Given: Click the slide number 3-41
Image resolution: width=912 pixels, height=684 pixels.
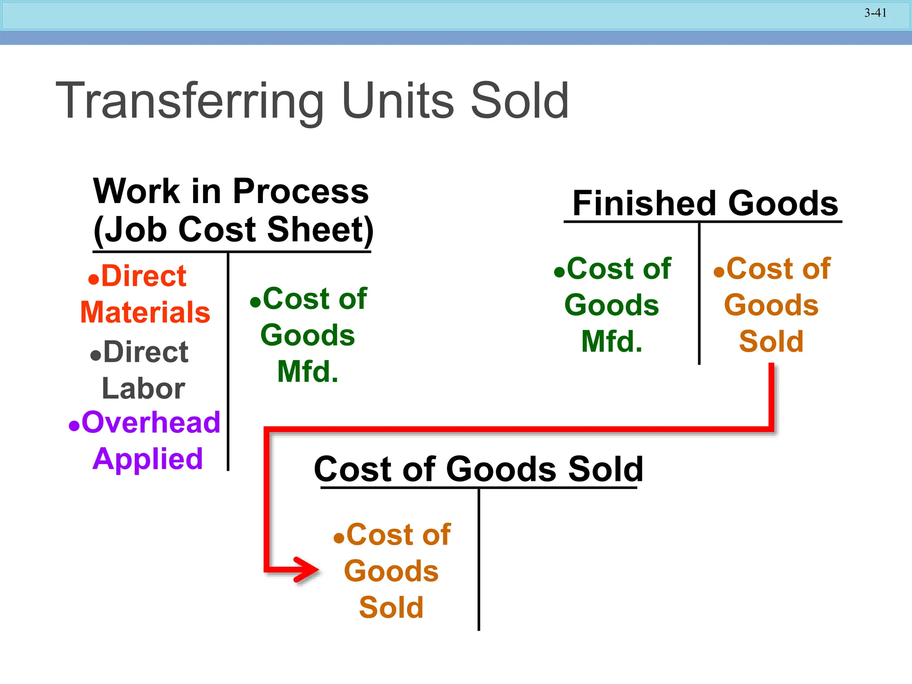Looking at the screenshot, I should (x=875, y=13).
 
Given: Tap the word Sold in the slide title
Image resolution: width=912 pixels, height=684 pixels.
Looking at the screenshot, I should (x=519, y=102).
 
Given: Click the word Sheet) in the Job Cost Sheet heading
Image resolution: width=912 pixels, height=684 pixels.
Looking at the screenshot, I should (x=320, y=230).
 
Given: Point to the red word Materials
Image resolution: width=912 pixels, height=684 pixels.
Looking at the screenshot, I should (x=145, y=312).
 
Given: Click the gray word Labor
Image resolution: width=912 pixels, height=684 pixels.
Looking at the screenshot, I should (x=143, y=389).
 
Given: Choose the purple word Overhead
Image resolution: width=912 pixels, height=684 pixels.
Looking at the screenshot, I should (x=151, y=422).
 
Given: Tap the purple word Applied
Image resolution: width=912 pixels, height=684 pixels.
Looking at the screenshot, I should (x=148, y=459).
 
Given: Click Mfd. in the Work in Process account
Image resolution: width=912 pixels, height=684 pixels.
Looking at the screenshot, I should (x=308, y=372).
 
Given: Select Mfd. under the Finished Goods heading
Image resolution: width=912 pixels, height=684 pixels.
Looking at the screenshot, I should (x=612, y=342).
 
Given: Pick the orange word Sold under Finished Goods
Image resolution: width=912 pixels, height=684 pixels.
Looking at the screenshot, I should (x=771, y=342).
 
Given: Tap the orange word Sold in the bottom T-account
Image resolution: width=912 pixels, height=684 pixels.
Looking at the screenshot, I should (x=391, y=608).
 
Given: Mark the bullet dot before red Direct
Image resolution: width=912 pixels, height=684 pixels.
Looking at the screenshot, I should (x=94, y=280).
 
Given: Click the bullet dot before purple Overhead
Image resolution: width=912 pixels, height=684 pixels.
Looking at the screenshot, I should (x=74, y=426).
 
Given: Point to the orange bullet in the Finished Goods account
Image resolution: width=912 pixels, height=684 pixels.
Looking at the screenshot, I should (x=719, y=272).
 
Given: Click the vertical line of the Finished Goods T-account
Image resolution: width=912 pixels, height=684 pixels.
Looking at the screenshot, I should (x=699, y=294).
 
